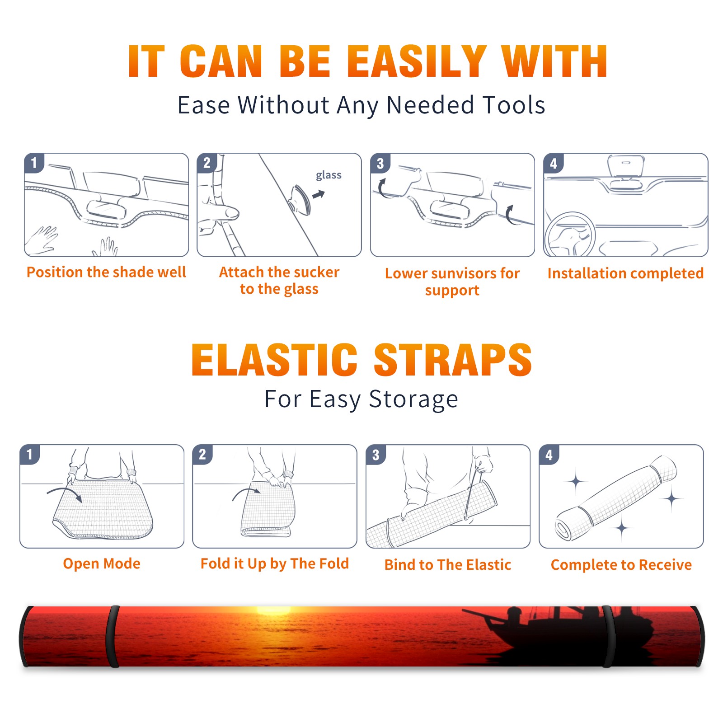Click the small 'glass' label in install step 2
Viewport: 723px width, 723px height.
[329, 175]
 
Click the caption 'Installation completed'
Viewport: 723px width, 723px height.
[625, 273]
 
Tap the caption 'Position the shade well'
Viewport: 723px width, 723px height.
[106, 272]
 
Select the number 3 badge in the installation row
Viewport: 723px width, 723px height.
[380, 163]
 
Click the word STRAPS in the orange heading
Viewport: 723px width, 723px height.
[453, 360]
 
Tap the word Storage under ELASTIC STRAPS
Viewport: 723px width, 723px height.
[413, 400]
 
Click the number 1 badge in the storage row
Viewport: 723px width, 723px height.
[30, 455]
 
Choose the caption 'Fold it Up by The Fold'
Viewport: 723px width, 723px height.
[275, 564]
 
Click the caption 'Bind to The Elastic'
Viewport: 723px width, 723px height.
[448, 565]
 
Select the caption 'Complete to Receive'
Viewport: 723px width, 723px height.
[621, 565]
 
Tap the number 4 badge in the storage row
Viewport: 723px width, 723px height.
[549, 455]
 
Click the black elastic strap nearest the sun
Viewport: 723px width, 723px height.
[113, 637]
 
